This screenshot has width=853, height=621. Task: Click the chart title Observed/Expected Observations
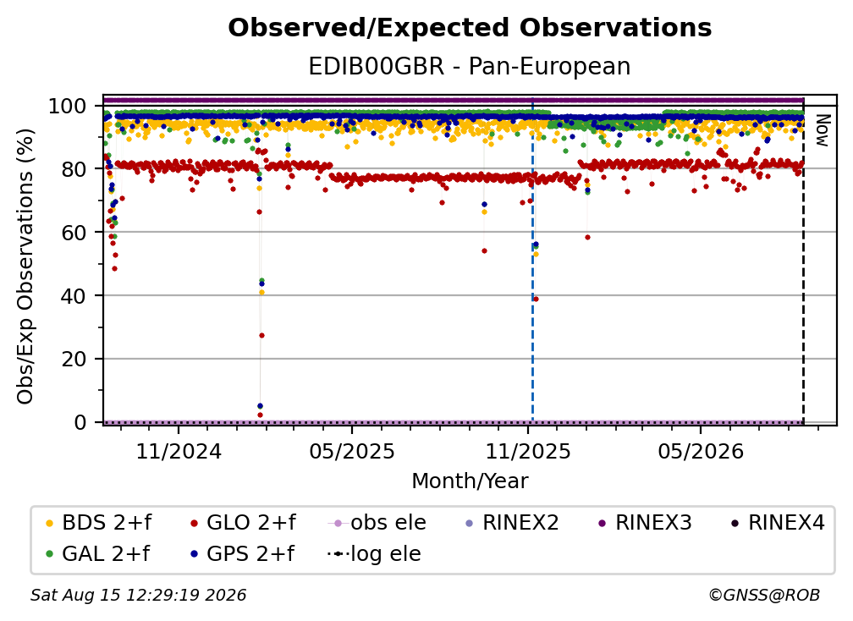(470, 28)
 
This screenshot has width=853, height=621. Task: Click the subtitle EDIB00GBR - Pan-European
(470, 66)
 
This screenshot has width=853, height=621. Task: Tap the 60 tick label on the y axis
(74, 233)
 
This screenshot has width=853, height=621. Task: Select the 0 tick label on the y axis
(80, 422)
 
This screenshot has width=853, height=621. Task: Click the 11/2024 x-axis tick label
(179, 451)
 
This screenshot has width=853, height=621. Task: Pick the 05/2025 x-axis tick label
(352, 451)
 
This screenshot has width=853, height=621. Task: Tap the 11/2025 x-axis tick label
(528, 451)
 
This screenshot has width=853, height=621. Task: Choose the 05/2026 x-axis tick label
(701, 451)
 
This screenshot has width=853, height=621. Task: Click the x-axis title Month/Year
(470, 481)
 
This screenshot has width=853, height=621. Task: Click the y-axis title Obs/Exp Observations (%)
(25, 267)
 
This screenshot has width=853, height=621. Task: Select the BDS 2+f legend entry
(98, 523)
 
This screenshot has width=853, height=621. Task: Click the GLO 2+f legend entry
(243, 523)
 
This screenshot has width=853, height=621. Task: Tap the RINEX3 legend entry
(645, 523)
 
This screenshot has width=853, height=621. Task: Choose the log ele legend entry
(374, 554)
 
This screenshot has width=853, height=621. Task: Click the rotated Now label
(822, 130)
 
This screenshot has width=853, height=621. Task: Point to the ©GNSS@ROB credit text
(764, 596)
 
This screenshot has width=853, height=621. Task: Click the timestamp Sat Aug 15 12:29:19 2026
(138, 596)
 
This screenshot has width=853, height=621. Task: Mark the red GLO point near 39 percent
(536, 300)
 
